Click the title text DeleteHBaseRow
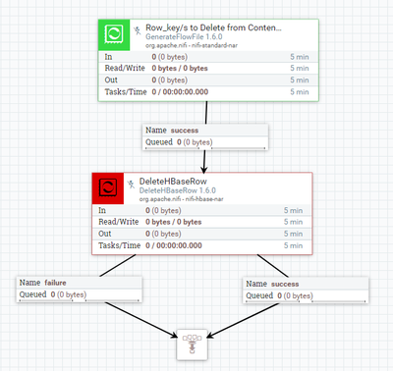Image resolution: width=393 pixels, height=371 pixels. tap(176, 181)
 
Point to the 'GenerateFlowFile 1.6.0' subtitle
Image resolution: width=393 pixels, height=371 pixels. tap(186, 38)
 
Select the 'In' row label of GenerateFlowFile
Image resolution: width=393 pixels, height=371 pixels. tap(107, 58)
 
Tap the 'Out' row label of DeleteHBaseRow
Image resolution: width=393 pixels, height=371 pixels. tap(104, 234)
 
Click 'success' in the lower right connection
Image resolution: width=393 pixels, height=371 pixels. tap(284, 282)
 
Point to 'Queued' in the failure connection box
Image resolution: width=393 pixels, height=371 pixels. tap(33, 294)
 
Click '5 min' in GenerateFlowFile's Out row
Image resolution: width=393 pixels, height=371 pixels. tap(301, 80)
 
